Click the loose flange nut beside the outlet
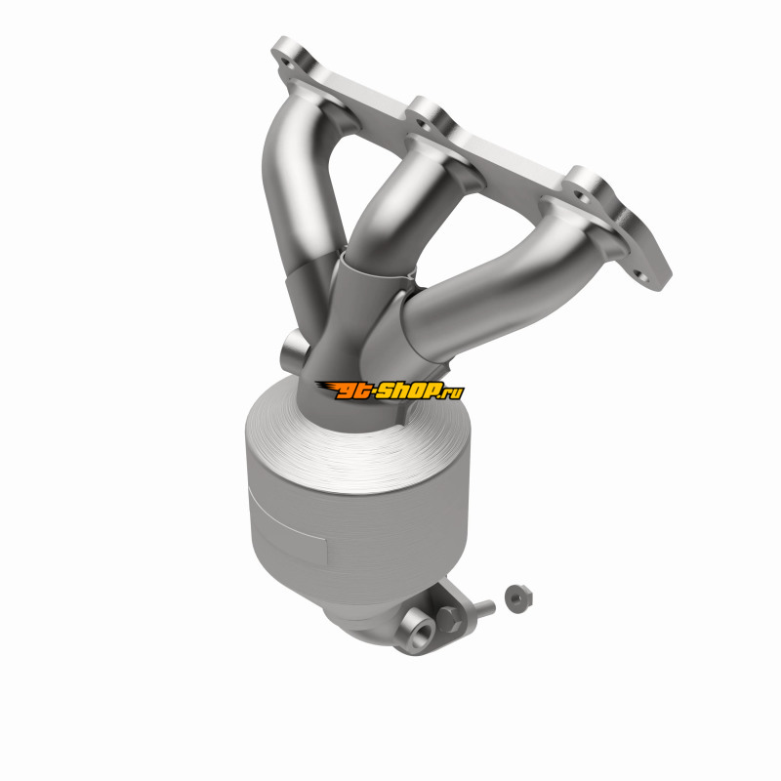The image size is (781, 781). (518, 597)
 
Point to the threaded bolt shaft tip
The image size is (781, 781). (491, 605)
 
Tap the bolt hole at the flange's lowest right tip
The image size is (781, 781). (642, 277)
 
